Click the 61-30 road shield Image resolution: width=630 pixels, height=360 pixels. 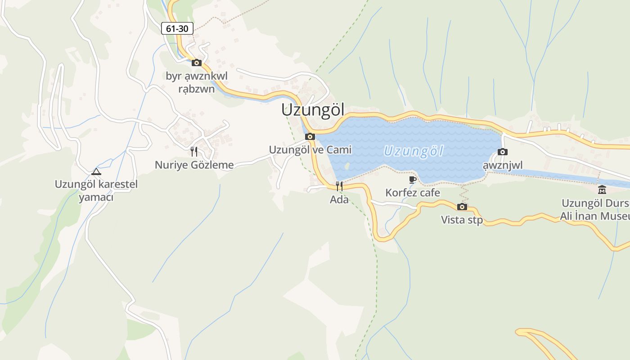click(x=177, y=29)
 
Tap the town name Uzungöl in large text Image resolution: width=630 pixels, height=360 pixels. click(x=313, y=110)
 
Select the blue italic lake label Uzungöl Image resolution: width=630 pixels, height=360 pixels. click(x=414, y=151)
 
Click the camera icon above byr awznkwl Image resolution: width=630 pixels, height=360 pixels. click(x=197, y=63)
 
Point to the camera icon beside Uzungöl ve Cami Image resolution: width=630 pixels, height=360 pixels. click(x=310, y=136)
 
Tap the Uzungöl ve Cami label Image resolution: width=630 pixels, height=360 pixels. click(x=310, y=149)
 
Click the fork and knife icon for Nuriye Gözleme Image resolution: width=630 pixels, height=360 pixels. click(x=194, y=151)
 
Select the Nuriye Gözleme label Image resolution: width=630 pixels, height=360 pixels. click(x=194, y=165)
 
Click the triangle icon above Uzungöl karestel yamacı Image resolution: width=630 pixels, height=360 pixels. click(x=96, y=171)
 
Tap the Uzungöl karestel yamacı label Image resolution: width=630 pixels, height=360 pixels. click(x=96, y=190)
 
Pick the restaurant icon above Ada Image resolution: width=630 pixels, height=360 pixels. click(x=339, y=186)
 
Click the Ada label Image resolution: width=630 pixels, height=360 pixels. click(x=339, y=199)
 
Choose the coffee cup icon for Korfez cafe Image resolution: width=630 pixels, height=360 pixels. click(x=413, y=180)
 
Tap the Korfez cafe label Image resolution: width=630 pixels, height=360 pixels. click(x=413, y=193)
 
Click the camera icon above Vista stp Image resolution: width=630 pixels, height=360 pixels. click(x=462, y=207)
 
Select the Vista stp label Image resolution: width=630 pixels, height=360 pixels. click(x=462, y=220)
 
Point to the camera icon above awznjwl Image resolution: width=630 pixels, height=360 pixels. click(x=503, y=152)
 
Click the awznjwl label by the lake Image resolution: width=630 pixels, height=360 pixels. click(x=503, y=165)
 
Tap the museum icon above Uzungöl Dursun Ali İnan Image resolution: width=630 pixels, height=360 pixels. click(x=602, y=189)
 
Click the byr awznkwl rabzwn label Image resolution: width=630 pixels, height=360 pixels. click(x=197, y=82)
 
